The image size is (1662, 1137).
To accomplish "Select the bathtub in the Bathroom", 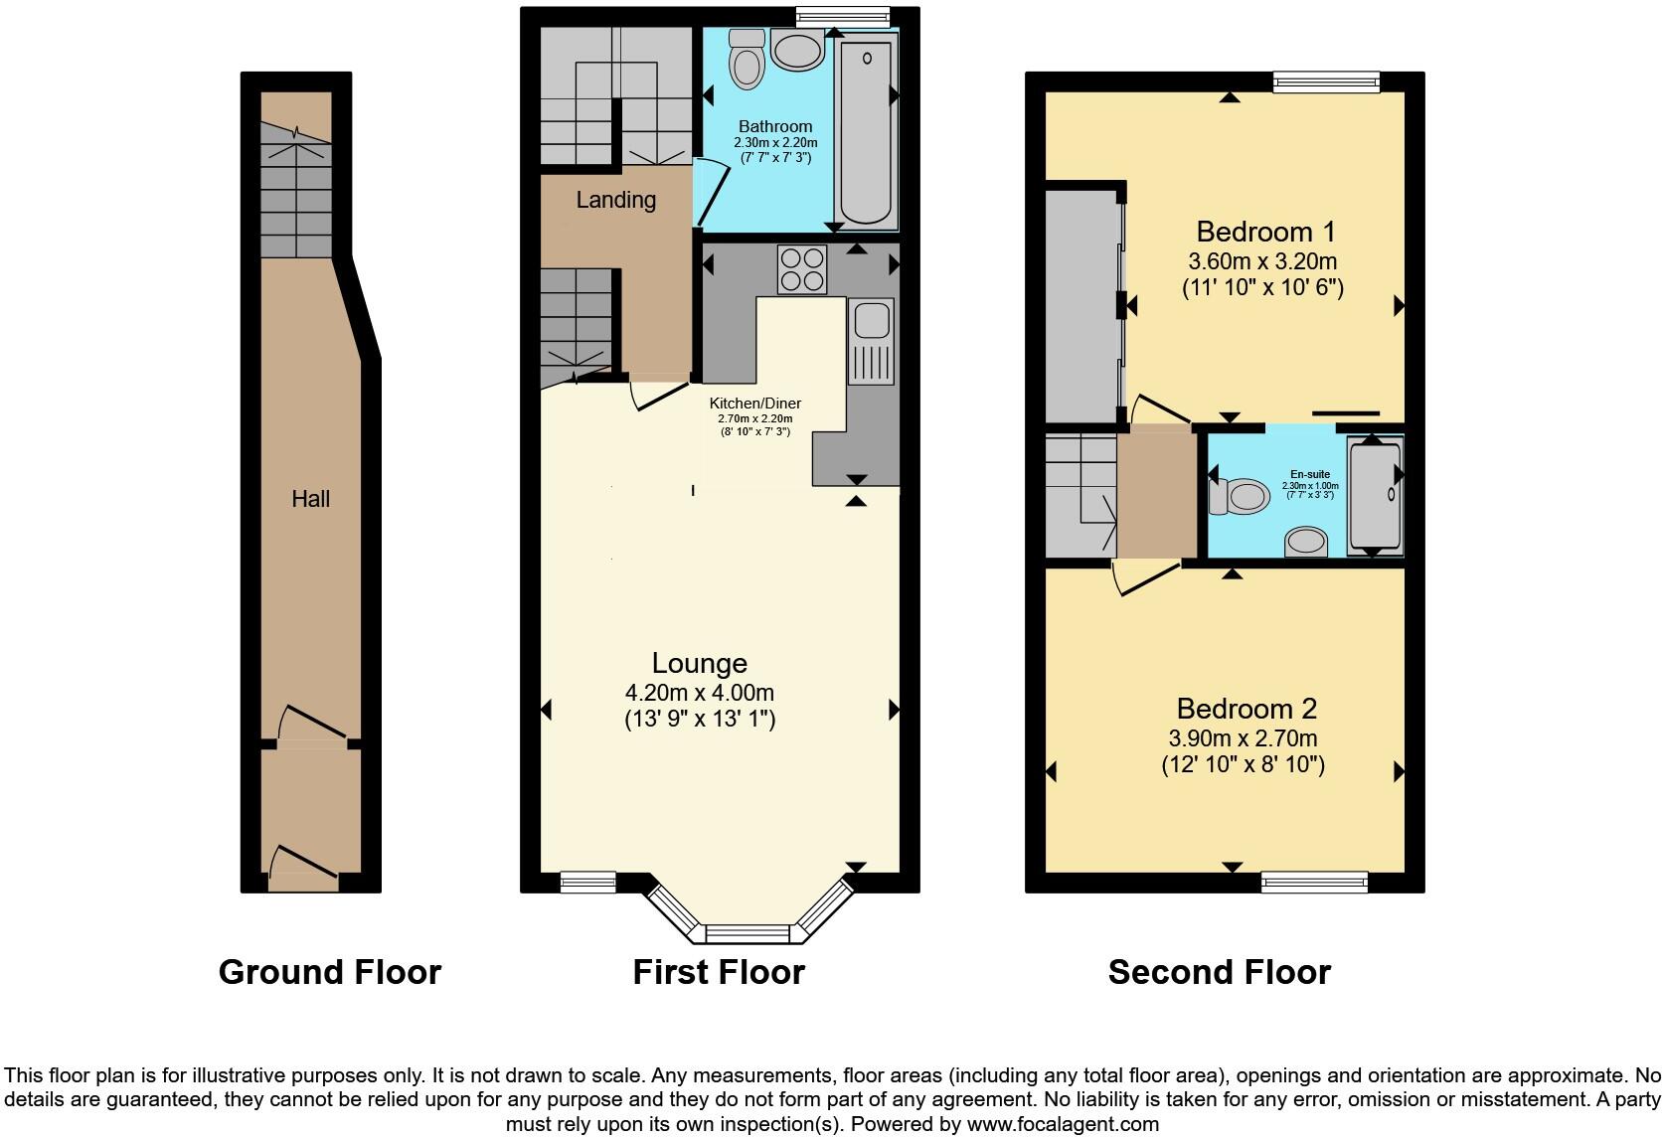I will [866, 129].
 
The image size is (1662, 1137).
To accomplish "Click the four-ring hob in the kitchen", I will [802, 268].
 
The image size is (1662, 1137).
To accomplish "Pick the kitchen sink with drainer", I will [872, 343].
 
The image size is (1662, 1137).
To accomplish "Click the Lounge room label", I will [699, 663].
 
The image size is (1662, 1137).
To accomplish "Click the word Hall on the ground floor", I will [310, 499].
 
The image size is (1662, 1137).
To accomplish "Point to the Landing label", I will [615, 200].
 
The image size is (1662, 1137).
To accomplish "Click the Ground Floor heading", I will [329, 971].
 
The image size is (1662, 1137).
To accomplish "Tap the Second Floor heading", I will [1219, 971].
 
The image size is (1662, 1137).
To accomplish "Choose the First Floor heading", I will [719, 971].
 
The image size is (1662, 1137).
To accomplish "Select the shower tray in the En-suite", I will [1376, 497].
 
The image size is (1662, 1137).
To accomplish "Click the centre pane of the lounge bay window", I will [747, 932].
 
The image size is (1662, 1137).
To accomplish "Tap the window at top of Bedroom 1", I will [1326, 82].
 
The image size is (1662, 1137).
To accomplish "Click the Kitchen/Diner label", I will [754, 404].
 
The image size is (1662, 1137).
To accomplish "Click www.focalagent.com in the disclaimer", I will [1062, 1124].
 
